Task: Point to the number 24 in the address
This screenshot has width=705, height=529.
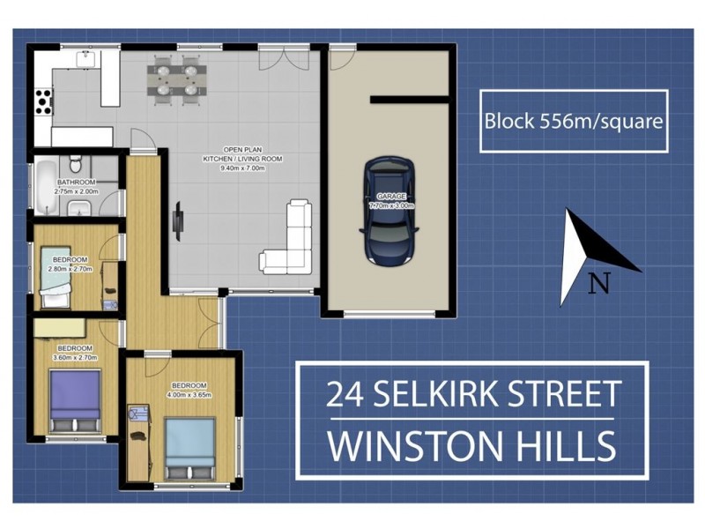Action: [x=344, y=393]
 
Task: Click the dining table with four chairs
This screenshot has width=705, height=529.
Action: [x=176, y=77]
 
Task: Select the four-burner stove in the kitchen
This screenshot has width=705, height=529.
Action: [x=42, y=102]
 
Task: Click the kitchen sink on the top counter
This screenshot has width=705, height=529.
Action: [x=85, y=58]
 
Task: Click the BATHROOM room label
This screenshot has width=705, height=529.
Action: [x=76, y=183]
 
